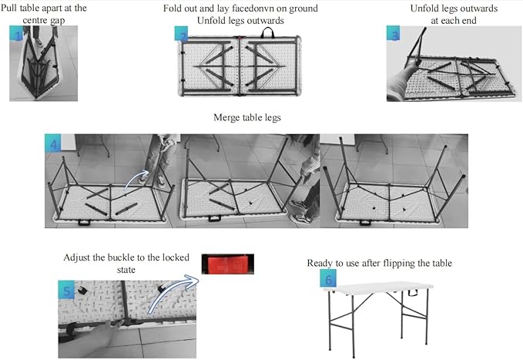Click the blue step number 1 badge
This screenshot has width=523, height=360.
coord(16,33)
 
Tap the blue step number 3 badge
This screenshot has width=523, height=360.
coord(394,33)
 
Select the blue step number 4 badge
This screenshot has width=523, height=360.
coord(53,143)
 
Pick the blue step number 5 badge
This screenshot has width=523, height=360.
coord(66,290)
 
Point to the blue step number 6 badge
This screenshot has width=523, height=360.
coord(328,278)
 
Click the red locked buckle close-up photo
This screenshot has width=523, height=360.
coord(228,264)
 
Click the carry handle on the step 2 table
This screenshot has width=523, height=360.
coord(267,32)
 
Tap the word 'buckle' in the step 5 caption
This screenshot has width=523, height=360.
coord(122,257)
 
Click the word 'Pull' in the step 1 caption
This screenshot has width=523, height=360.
coord(8,8)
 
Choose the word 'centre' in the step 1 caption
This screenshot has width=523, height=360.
coord(35,20)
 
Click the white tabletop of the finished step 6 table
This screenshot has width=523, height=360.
coord(378,288)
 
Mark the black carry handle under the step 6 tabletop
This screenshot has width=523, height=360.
coord(414,293)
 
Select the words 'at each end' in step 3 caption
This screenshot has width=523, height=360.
coord(453,20)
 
